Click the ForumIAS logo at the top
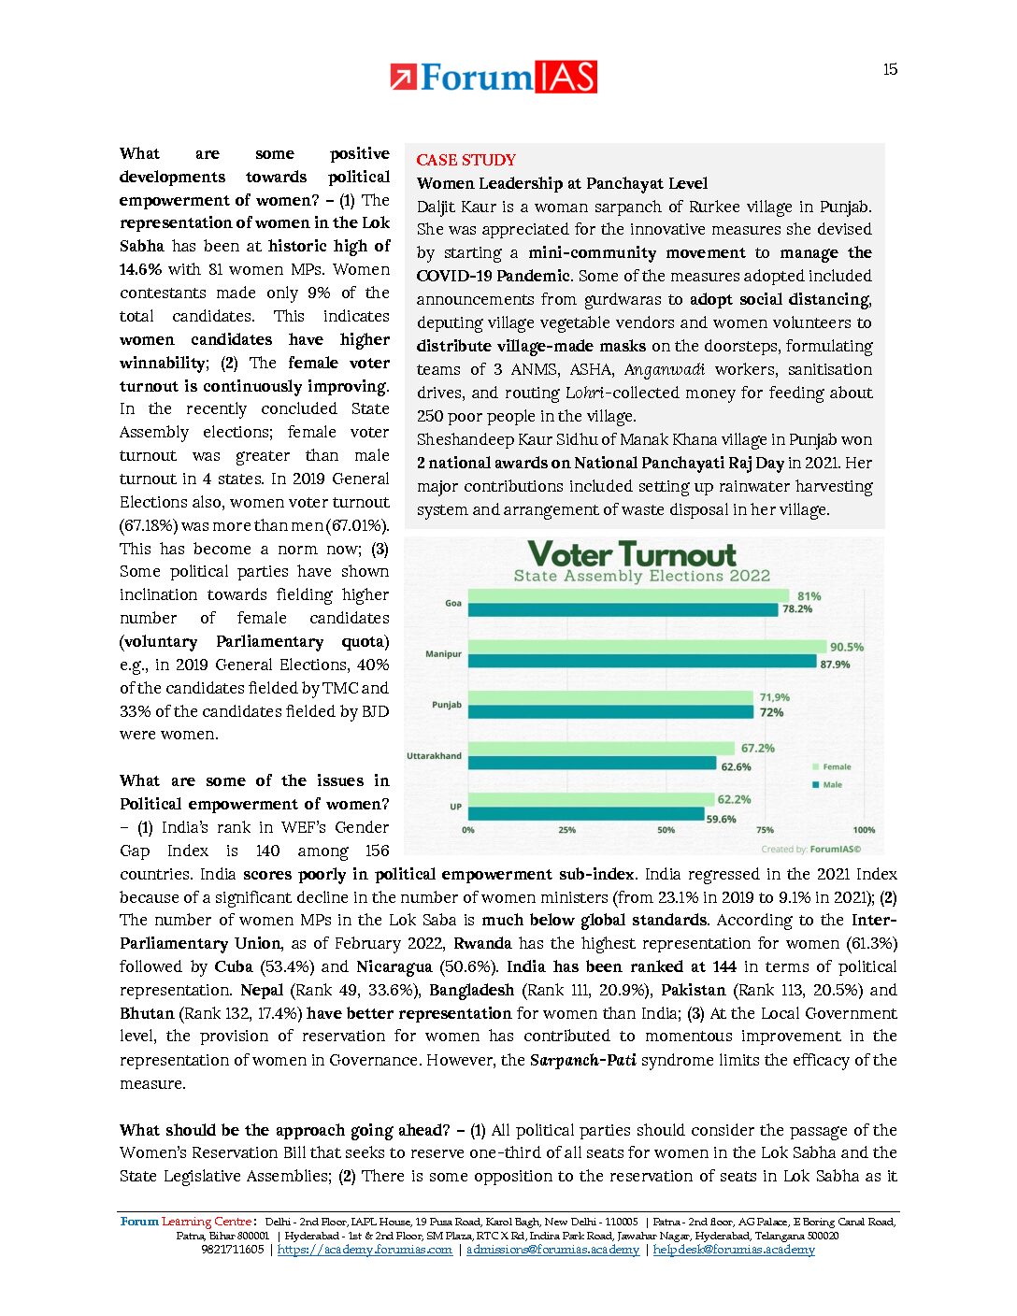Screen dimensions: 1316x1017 point(494,77)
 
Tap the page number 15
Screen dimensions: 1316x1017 point(890,69)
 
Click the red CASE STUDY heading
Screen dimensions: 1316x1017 point(466,160)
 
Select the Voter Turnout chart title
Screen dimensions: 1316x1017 point(632,554)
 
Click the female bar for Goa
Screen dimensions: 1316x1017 point(628,596)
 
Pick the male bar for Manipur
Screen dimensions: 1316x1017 point(642,662)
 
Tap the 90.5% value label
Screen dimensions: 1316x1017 point(847,647)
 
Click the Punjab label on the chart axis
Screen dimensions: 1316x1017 point(447,705)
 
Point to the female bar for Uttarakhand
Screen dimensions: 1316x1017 point(601,749)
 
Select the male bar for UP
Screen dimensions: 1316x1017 point(586,815)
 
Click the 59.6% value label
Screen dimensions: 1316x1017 point(721,820)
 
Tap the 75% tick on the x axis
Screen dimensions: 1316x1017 point(765,830)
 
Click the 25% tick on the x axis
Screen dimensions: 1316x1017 point(566,830)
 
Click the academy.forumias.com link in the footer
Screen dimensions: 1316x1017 point(365,1250)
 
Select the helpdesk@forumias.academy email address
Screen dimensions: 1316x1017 point(734,1250)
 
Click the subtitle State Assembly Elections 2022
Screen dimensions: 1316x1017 point(642,576)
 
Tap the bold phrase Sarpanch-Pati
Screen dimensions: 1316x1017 point(582,1060)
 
